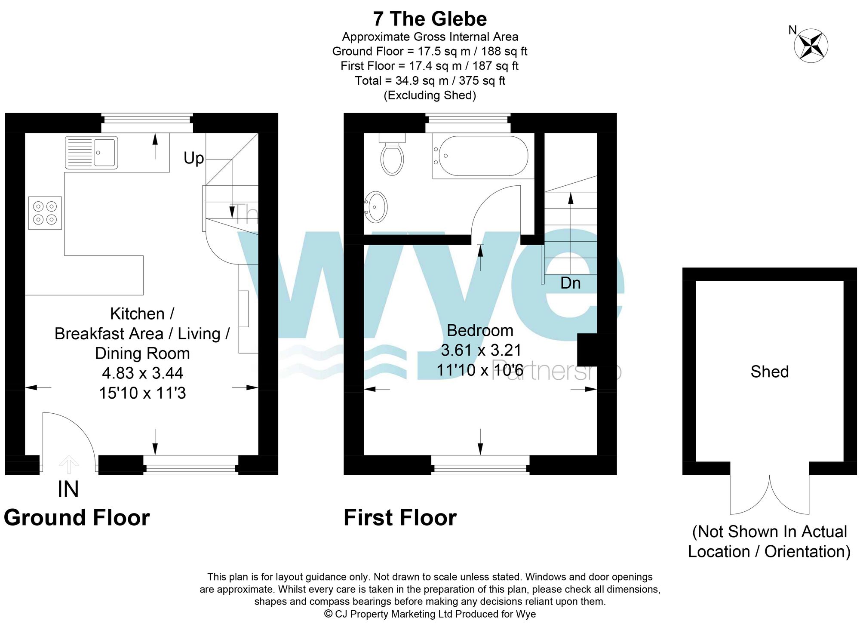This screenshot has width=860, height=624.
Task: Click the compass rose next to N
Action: click(811, 45)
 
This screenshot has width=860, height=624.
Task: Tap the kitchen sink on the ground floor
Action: click(91, 153)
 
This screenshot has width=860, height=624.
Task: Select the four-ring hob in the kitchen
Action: click(45, 213)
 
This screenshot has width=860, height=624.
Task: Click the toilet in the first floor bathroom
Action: click(392, 157)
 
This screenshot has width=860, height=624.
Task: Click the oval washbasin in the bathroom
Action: click(376, 207)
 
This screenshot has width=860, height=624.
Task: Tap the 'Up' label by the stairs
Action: click(193, 158)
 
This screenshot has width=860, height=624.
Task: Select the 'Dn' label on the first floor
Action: click(570, 283)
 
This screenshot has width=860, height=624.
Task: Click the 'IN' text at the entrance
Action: click(68, 489)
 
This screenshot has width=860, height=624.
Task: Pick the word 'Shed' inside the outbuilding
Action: click(769, 372)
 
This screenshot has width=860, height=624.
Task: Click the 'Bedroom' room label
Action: click(480, 330)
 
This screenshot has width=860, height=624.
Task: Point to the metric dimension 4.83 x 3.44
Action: click(142, 373)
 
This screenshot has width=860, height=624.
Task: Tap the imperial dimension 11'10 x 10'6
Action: click(480, 370)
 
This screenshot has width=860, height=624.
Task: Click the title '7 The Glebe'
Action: click(430, 19)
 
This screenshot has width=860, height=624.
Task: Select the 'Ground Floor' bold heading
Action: click(77, 517)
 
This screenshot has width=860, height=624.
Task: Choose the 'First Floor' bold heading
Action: click(400, 517)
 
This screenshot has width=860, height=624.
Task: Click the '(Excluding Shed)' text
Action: click(430, 95)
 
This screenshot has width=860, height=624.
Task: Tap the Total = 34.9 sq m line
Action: click(430, 80)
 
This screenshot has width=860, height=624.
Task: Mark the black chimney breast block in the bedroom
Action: click(587, 350)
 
